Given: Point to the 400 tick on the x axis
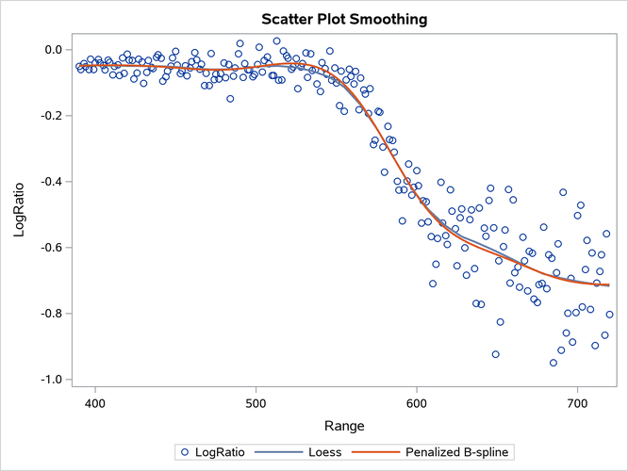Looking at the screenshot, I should [x=95, y=402].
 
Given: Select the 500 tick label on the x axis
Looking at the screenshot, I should [x=256, y=402].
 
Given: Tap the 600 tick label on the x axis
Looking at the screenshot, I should [x=417, y=402].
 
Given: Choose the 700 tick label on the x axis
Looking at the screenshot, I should [x=577, y=402].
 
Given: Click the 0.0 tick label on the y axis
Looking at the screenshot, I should [x=53, y=50].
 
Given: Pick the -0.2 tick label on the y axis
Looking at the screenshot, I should [x=50, y=116].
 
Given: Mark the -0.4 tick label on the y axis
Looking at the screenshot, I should [x=50, y=182].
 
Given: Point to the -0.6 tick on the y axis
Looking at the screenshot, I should [x=50, y=248].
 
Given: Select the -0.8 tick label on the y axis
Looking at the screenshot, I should [x=50, y=314].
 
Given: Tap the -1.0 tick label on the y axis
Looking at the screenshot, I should [x=50, y=380].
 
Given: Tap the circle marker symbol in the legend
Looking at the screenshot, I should [x=184, y=452].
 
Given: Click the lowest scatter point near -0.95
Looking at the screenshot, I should [x=554, y=363].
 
